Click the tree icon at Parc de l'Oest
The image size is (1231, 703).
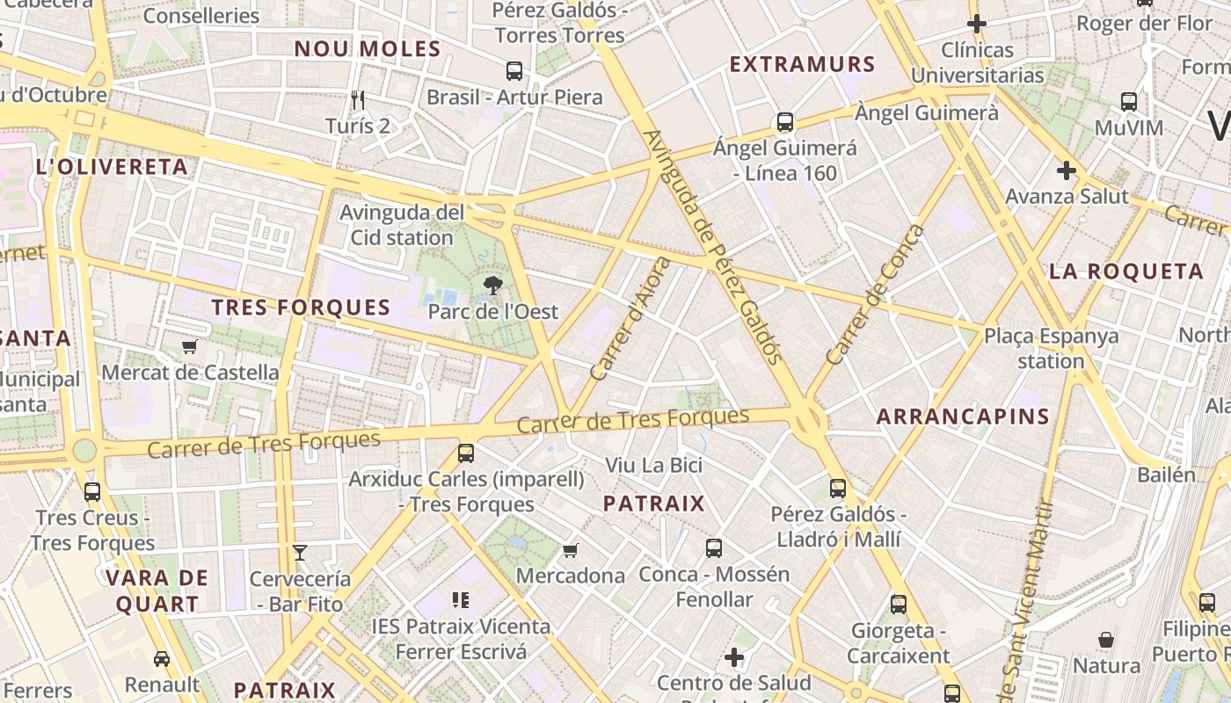click(x=493, y=285)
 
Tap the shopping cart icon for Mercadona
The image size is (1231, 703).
click(x=571, y=550)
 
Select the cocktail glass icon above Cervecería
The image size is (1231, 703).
click(x=300, y=553)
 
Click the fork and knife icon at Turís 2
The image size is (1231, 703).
click(x=357, y=99)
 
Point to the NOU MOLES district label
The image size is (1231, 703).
click(x=367, y=49)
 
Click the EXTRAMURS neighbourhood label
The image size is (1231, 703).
click(x=803, y=64)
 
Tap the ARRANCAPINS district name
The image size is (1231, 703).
click(x=964, y=417)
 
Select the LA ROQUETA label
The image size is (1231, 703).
click(x=1126, y=271)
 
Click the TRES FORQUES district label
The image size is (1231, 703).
click(x=301, y=308)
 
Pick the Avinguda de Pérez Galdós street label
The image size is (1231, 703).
click(x=713, y=247)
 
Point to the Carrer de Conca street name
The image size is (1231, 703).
click(x=876, y=295)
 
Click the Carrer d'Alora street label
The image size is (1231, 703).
click(x=630, y=319)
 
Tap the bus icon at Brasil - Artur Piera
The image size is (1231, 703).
click(x=514, y=71)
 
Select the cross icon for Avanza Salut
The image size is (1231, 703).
click(x=1067, y=170)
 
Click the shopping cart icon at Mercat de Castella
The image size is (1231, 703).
click(x=189, y=346)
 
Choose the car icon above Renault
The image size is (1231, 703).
click(x=162, y=658)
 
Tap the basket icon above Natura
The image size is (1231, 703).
click(x=1106, y=640)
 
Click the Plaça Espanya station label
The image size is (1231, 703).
click(x=1051, y=348)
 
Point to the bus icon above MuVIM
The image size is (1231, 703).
click(x=1129, y=102)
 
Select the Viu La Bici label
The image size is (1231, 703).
click(x=654, y=465)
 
